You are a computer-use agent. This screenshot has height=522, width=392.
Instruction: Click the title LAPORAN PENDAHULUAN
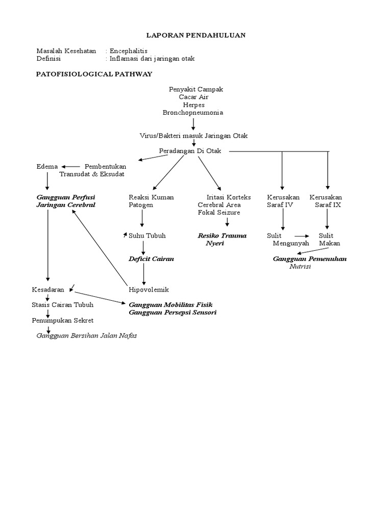click(196, 35)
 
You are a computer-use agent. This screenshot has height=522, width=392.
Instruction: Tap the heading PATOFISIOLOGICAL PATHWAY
click(94, 74)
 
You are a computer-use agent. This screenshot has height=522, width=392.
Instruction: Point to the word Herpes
click(193, 105)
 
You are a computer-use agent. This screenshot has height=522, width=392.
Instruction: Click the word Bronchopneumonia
click(193, 112)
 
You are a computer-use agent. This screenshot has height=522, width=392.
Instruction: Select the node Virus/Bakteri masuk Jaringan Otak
click(193, 136)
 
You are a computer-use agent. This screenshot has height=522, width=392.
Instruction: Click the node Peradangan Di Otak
click(193, 151)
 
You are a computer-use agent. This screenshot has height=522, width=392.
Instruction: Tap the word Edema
click(47, 166)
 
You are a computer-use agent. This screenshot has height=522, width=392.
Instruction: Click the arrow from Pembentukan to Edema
click(71, 166)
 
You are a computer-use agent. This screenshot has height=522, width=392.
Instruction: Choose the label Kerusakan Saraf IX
click(326, 201)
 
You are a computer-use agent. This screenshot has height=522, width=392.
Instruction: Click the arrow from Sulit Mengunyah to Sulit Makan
click(302, 236)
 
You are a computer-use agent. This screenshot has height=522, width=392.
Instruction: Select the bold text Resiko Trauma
click(222, 236)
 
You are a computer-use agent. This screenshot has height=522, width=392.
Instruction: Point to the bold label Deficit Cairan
click(151, 259)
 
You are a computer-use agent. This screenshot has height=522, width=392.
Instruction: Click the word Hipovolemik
click(149, 290)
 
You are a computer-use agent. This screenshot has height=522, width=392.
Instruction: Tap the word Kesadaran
click(48, 290)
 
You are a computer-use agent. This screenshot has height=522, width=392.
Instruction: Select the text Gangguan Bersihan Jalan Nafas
click(86, 335)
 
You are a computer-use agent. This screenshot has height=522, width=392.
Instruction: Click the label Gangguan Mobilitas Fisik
click(166, 305)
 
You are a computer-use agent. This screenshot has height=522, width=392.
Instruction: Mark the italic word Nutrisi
click(300, 266)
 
